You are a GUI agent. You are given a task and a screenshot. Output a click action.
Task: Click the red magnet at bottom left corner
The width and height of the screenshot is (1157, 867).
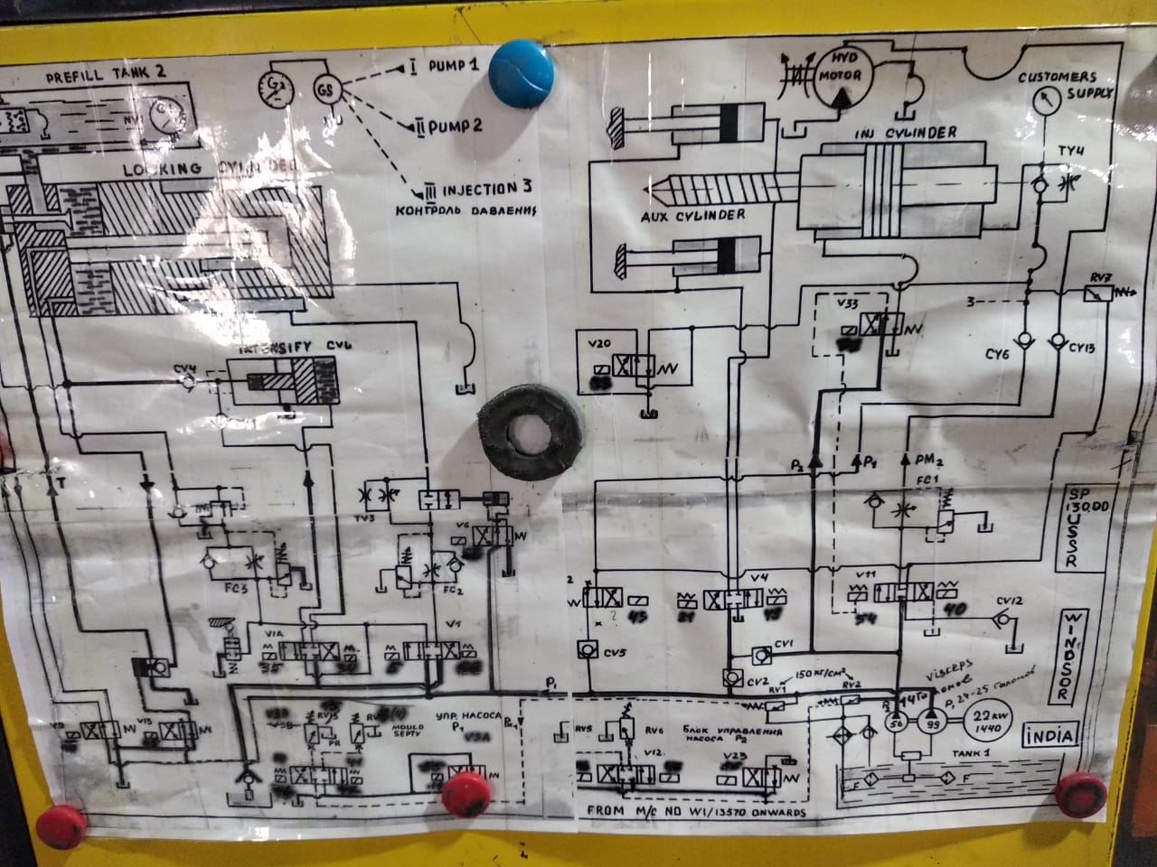pyautogui.click(x=61, y=825)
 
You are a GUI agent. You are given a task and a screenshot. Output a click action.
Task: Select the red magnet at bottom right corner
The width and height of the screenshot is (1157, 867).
pyautogui.click(x=1082, y=793)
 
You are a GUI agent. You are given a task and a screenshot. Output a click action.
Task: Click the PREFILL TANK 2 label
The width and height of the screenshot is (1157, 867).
pyautogui.click(x=99, y=79)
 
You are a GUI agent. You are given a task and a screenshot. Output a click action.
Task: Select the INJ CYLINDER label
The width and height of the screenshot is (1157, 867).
pyautogui.click(x=907, y=133)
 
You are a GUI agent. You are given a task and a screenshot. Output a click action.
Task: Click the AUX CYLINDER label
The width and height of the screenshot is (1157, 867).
pyautogui.click(x=692, y=215)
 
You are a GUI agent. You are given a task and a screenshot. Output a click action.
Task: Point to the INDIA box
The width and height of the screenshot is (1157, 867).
pyautogui.click(x=1050, y=736)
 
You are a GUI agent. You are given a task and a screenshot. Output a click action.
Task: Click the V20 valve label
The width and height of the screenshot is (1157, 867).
pyautogui.click(x=599, y=343)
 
